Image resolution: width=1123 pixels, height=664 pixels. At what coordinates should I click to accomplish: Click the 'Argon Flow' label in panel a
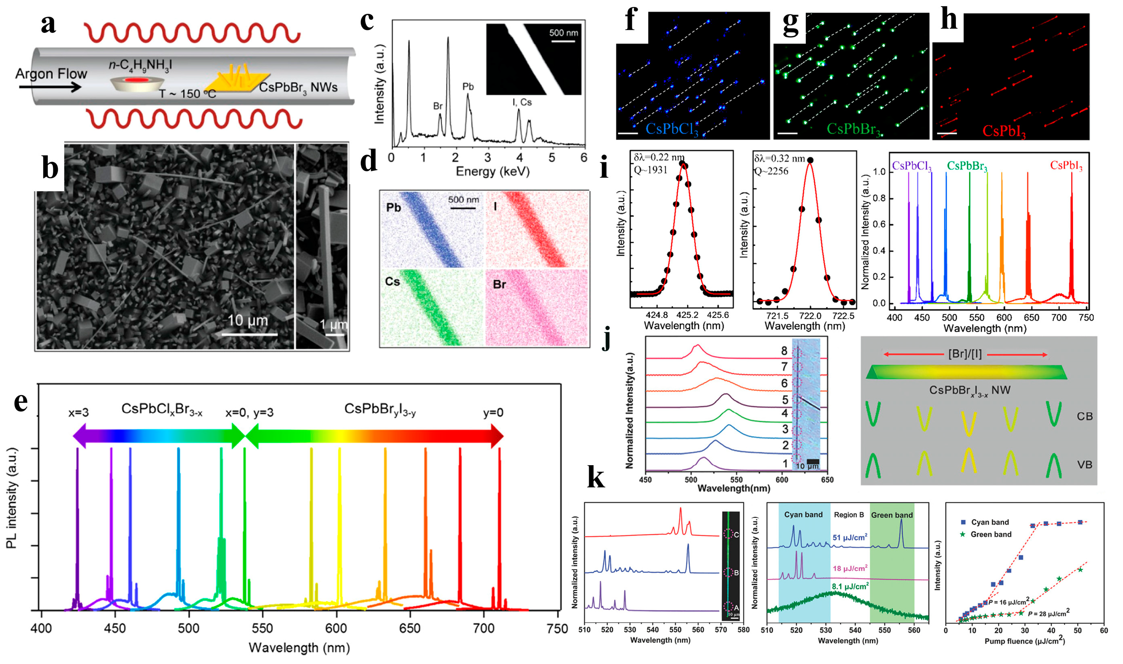coord(51,73)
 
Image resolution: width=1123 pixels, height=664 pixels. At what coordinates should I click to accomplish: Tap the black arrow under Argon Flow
coord(49,86)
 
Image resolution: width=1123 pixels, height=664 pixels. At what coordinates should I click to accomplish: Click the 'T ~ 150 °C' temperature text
coord(187,94)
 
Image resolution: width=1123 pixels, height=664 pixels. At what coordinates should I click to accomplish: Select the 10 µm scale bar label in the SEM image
coord(248,320)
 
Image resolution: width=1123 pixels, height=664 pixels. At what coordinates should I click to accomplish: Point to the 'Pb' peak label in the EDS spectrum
coord(468,87)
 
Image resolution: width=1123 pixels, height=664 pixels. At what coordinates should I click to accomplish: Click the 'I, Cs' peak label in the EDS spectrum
coord(522,102)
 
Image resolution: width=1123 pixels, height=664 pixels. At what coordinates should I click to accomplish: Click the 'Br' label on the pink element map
coord(499,284)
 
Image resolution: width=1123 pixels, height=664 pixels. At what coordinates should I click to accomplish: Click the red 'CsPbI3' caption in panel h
coord(1004,131)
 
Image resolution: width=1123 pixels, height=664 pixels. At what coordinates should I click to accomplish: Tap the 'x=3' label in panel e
coord(78,413)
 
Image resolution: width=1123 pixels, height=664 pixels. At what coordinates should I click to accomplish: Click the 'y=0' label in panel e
coord(493,413)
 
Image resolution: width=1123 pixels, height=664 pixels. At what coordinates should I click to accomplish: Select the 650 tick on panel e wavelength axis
coord(409,629)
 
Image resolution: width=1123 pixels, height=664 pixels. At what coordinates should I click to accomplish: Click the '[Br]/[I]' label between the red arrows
coord(965,354)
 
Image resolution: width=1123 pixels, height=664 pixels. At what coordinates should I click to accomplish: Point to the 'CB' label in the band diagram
coord(1084,417)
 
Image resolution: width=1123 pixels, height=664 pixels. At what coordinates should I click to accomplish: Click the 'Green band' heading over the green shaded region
coord(892,515)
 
